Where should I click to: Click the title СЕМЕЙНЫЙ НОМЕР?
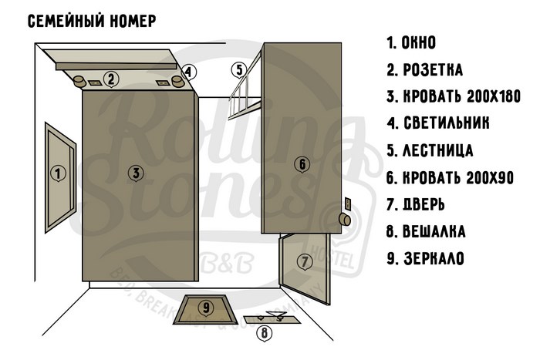(92, 21)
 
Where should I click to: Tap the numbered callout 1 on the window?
(58, 173)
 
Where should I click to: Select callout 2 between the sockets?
(111, 79)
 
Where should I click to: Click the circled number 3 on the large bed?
(136, 173)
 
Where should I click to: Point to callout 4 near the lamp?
(188, 72)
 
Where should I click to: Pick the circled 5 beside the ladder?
(239, 70)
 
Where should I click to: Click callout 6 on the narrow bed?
(302, 164)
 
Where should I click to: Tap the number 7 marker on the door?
(305, 262)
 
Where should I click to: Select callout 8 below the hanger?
(265, 333)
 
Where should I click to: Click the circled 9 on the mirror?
(206, 308)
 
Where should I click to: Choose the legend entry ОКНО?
(411, 42)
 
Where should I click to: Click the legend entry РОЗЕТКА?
(424, 70)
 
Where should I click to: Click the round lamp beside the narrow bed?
(345, 220)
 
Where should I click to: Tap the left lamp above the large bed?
(79, 81)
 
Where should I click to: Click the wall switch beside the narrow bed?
(348, 204)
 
